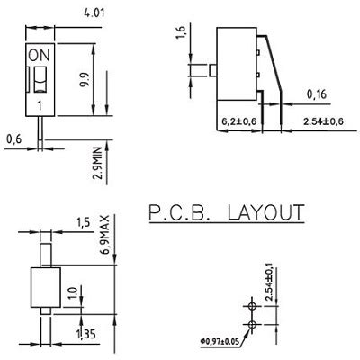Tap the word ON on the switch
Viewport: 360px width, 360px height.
(40, 55)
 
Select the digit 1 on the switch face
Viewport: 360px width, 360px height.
(40, 106)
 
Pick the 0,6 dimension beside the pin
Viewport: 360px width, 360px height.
(13, 139)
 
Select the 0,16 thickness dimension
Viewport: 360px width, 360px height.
(316, 94)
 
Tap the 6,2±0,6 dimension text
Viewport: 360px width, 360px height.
(240, 121)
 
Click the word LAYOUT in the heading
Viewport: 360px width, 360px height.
(265, 213)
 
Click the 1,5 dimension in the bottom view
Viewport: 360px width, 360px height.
(84, 222)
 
